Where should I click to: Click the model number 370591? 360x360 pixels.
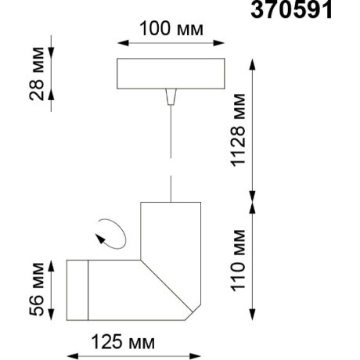(290, 10)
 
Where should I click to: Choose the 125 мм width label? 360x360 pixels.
(123, 343)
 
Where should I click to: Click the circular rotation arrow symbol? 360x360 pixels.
(108, 233)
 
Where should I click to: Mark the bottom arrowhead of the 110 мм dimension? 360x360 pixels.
(252, 315)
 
